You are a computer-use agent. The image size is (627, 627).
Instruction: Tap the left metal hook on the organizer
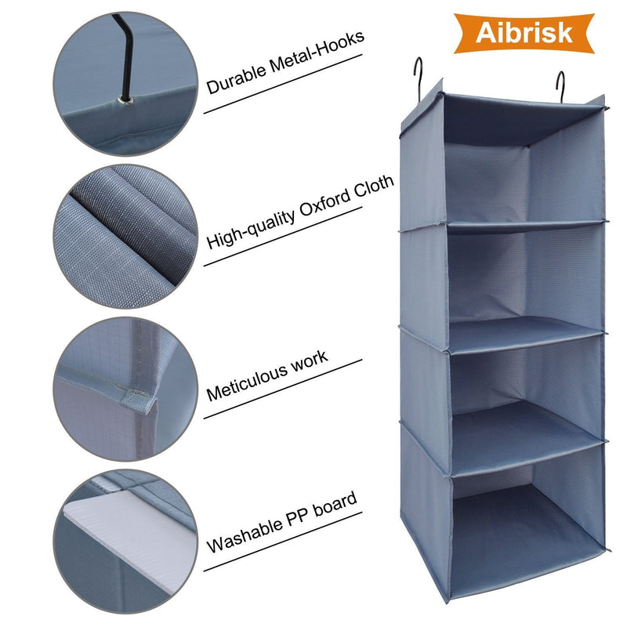(x=420, y=77)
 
